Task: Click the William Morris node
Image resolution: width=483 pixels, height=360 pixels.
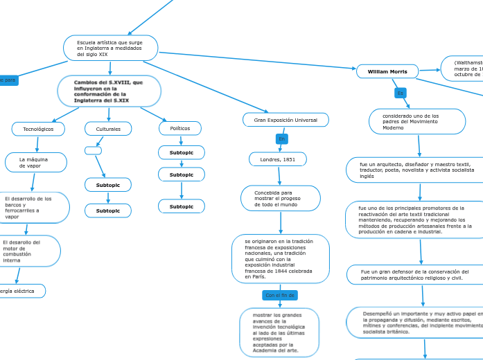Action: (x=387, y=71)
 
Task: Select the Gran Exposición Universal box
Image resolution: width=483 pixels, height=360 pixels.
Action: (x=286, y=120)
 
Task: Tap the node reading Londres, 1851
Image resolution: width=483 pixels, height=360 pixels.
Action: (x=277, y=159)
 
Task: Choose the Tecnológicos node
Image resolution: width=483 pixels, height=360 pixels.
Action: (x=38, y=129)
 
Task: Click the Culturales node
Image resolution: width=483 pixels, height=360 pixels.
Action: (x=108, y=129)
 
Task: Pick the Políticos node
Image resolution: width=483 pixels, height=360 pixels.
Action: (x=180, y=128)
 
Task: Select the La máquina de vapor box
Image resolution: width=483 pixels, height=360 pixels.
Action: (x=36, y=163)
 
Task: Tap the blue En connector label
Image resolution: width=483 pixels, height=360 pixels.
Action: (x=281, y=139)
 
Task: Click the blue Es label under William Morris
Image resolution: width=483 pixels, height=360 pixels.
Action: (x=400, y=93)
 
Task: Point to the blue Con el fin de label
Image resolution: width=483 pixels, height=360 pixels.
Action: (x=280, y=295)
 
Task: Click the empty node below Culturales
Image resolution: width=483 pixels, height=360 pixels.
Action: (x=93, y=150)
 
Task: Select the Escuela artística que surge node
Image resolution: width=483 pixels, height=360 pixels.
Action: (x=111, y=48)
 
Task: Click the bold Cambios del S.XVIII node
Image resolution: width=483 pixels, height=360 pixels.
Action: (x=109, y=91)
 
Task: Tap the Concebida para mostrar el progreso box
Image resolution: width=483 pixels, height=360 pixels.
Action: (x=280, y=199)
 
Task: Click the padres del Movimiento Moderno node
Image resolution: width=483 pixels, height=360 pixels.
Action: (x=416, y=122)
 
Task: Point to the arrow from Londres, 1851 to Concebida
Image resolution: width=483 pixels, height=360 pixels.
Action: (x=279, y=176)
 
